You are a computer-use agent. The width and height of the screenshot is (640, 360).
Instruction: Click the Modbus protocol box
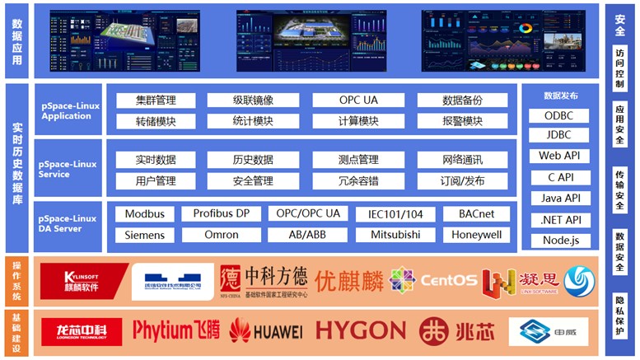145,214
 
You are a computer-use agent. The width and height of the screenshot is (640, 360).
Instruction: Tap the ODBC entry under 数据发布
560,116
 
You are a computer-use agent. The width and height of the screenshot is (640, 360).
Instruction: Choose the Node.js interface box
560,241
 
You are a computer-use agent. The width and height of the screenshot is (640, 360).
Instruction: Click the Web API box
560,156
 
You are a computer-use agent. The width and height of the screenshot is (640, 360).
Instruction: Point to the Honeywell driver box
476,235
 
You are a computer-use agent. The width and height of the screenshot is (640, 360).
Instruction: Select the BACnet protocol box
476,214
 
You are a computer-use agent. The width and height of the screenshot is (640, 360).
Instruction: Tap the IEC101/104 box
395,214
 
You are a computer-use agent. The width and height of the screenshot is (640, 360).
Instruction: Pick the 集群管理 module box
156,101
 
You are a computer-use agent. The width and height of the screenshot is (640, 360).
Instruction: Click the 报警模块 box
462,121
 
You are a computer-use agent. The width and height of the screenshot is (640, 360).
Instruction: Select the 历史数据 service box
252,160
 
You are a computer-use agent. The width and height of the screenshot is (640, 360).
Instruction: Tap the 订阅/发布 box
462,180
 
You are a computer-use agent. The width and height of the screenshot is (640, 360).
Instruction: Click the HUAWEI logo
265,331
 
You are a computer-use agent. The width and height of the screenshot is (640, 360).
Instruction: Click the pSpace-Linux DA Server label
68,222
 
